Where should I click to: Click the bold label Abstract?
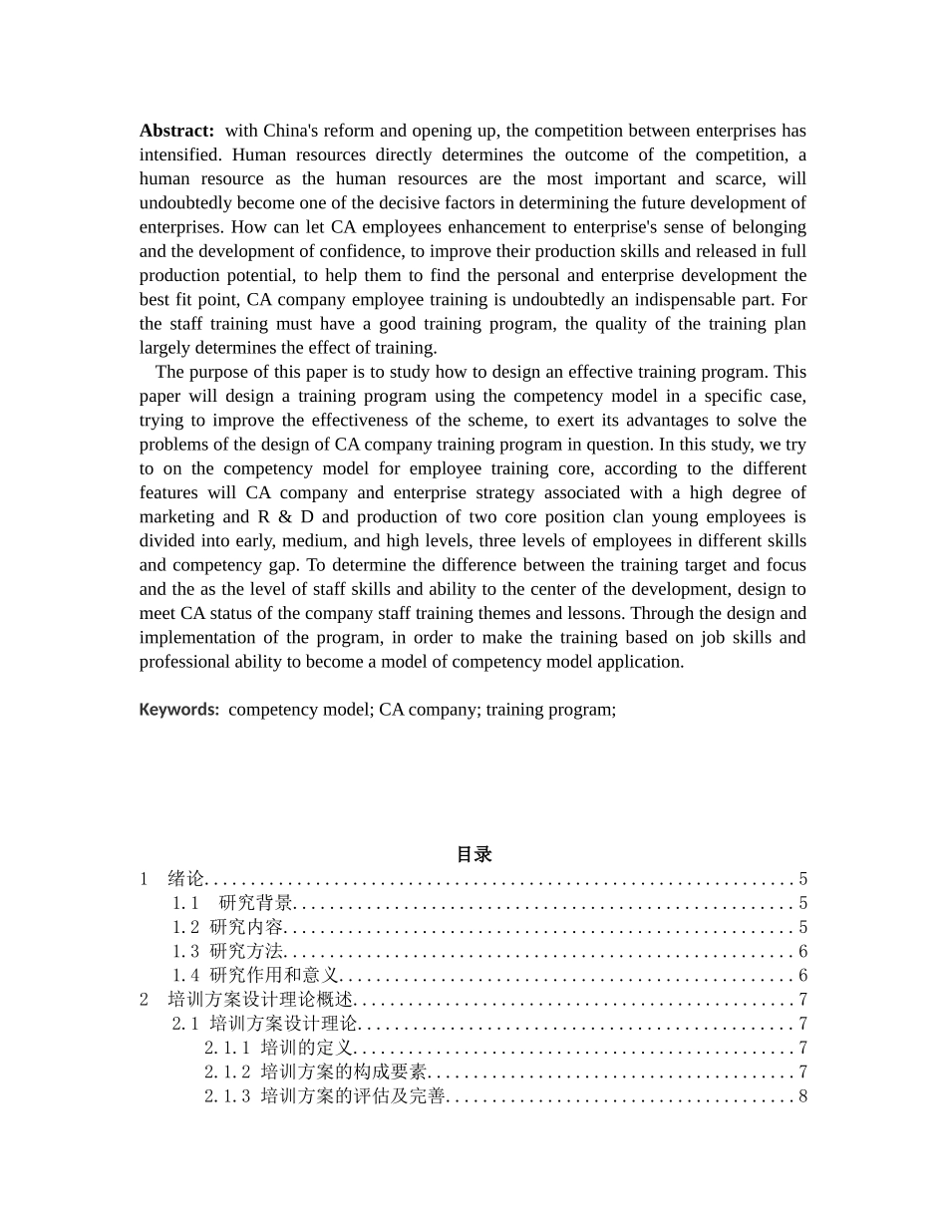point(176,131)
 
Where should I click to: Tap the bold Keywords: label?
point(179,710)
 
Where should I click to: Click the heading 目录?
point(473,854)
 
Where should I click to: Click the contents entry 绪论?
point(185,879)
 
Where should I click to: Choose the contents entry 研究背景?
point(256,903)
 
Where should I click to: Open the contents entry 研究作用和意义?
point(275,976)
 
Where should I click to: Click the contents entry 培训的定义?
point(307,1048)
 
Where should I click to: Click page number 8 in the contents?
point(802,1096)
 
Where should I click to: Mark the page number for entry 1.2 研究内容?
point(802,928)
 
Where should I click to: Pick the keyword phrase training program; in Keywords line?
point(551,710)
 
